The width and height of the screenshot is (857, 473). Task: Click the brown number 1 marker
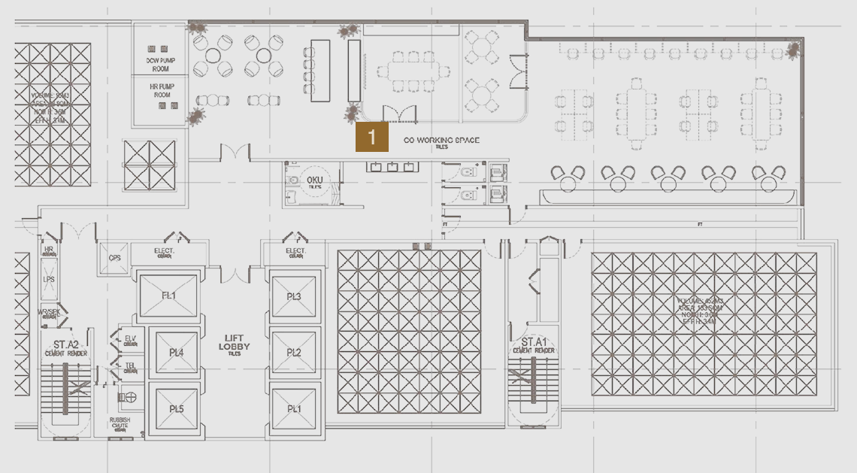(372, 138)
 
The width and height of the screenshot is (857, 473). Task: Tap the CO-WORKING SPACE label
(441, 141)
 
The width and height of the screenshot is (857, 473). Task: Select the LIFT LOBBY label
(235, 342)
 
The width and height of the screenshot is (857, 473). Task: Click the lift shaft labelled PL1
(293, 408)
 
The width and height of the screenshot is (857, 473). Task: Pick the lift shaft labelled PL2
(293, 352)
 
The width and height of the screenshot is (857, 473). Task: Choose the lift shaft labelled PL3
(293, 296)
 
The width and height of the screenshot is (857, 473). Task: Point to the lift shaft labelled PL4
(176, 352)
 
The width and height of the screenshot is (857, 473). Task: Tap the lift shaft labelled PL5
(176, 408)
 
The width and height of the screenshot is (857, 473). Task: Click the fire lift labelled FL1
(168, 296)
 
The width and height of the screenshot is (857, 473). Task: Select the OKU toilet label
(314, 180)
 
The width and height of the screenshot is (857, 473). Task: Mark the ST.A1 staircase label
(533, 343)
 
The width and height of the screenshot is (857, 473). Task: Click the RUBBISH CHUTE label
(120, 423)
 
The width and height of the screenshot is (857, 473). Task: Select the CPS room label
(114, 258)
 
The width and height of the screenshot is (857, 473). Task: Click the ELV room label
(130, 338)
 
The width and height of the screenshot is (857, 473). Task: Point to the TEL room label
(130, 366)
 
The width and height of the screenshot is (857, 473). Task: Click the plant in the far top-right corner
(793, 50)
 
